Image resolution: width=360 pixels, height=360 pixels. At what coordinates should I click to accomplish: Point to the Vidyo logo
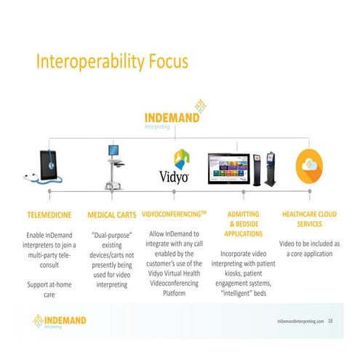[174, 168]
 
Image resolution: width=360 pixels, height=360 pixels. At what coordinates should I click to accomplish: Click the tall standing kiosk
[270, 168]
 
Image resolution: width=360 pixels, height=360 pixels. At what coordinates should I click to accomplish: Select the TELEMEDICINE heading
[49, 215]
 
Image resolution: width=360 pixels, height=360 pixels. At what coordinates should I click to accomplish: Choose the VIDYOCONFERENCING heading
[174, 215]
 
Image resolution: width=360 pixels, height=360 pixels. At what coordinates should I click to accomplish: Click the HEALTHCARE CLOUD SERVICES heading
[309, 219]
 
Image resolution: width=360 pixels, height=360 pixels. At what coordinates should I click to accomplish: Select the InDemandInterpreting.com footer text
[300, 321]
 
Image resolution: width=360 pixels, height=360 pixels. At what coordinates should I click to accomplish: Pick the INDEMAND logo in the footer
[60, 321]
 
